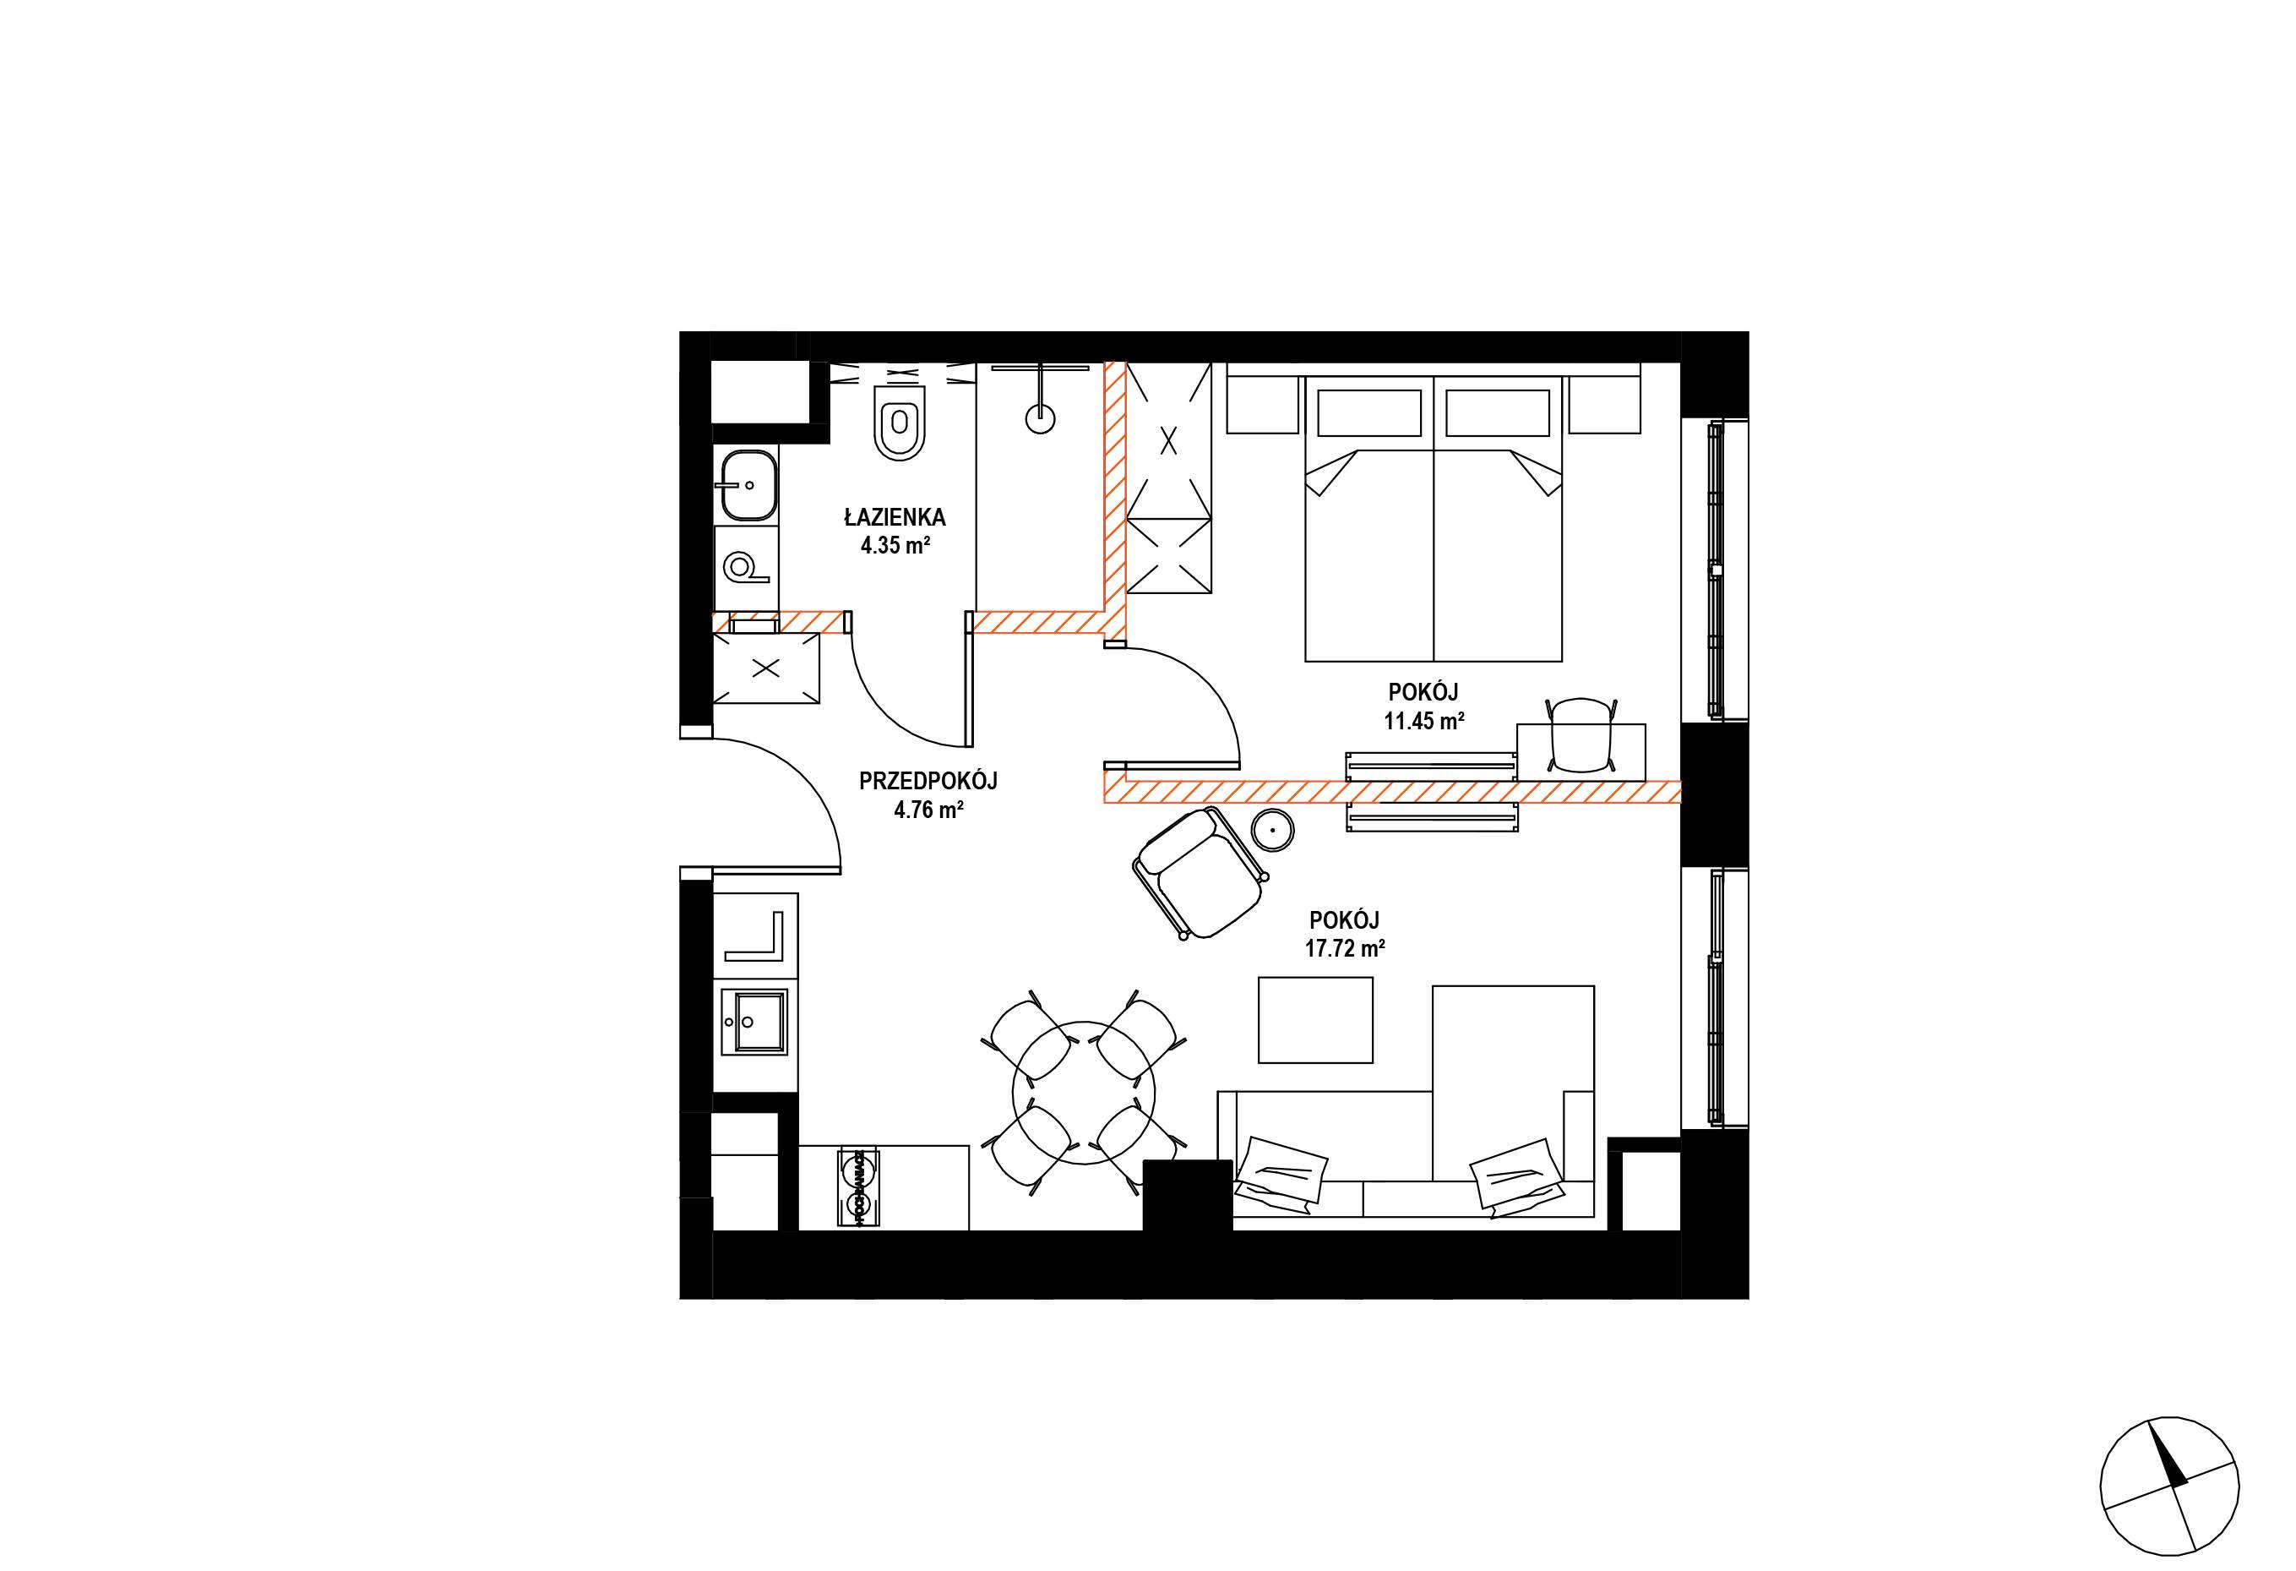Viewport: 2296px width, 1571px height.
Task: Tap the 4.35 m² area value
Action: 895,544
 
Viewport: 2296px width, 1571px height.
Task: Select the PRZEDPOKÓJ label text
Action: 928,781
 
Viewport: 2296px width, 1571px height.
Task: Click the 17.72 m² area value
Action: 1344,948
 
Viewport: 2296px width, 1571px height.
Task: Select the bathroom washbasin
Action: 749,484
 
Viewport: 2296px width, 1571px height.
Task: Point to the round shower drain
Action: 1041,419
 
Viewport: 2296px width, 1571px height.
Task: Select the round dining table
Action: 1084,1093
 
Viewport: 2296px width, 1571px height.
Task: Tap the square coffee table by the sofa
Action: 1315,1020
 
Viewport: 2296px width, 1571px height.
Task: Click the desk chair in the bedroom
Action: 1581,735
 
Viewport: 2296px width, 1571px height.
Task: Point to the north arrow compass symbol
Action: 2168,1500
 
